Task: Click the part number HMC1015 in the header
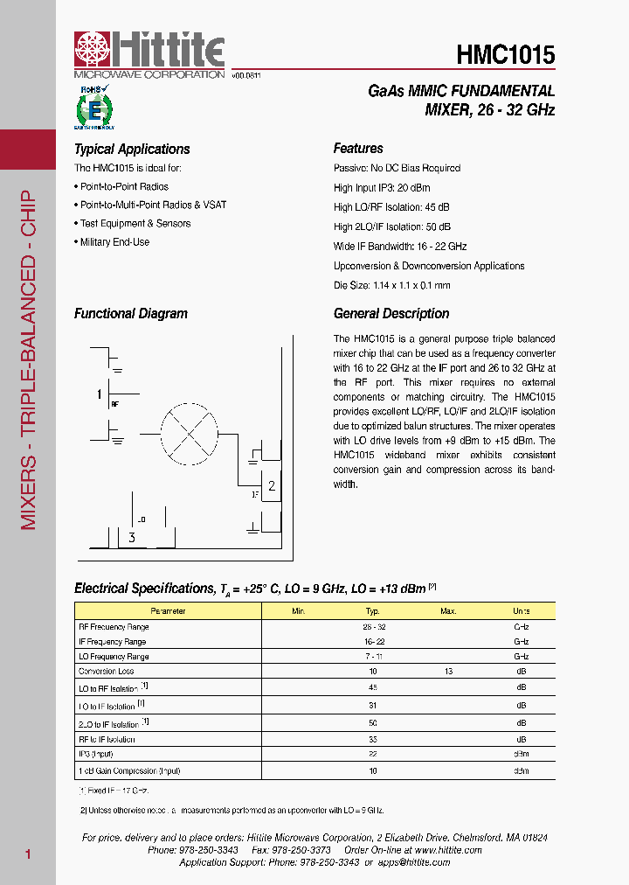tap(505, 54)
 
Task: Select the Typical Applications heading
tap(132, 150)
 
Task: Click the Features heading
tap(358, 149)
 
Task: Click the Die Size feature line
tap(391, 285)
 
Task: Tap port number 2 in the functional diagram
tap(272, 486)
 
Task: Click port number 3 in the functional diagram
tap(132, 538)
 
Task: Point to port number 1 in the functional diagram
tap(100, 394)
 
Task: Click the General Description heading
tap(391, 314)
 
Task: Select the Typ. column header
tap(373, 611)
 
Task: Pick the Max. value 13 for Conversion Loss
tap(448, 672)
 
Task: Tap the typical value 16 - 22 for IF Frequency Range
tap(373, 642)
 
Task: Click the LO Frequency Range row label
tap(114, 657)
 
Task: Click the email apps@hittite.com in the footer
tap(415, 862)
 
